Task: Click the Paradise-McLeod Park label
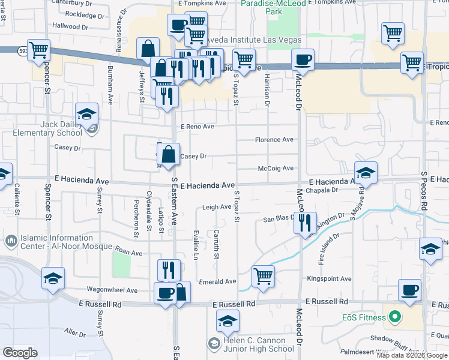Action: (270, 7)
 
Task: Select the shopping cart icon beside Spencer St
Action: (38, 50)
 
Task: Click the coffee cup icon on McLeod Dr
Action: (303, 60)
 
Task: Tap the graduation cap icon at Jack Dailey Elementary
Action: (86, 114)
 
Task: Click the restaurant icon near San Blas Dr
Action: (305, 223)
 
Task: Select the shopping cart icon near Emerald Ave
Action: (263, 277)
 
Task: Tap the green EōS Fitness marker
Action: (395, 316)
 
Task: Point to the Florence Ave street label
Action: (274, 140)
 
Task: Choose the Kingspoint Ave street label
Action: (329, 279)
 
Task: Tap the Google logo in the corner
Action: (20, 352)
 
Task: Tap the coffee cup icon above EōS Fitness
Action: (410, 290)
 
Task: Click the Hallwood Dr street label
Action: (70, 26)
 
